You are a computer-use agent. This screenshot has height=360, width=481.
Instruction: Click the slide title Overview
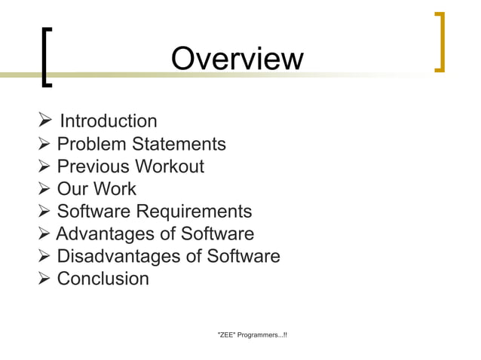237,59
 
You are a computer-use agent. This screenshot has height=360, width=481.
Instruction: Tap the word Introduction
108,121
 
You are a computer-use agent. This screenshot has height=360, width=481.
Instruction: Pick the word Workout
170,166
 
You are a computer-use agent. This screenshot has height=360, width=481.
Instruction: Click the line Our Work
97,189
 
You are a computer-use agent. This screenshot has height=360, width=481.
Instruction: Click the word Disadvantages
119,257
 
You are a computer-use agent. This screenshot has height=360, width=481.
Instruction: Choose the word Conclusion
103,279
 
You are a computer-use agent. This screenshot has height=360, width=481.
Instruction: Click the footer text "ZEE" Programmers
251,334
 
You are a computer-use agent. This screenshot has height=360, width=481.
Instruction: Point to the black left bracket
47,57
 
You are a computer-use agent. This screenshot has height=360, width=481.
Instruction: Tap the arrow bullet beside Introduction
44,121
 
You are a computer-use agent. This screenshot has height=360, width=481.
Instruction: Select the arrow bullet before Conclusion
44,279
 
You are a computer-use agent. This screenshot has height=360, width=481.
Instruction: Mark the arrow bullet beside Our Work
44,189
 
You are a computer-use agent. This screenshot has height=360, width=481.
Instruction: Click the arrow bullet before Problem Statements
44,144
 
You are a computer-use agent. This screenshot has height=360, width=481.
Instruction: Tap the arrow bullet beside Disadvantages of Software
44,257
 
